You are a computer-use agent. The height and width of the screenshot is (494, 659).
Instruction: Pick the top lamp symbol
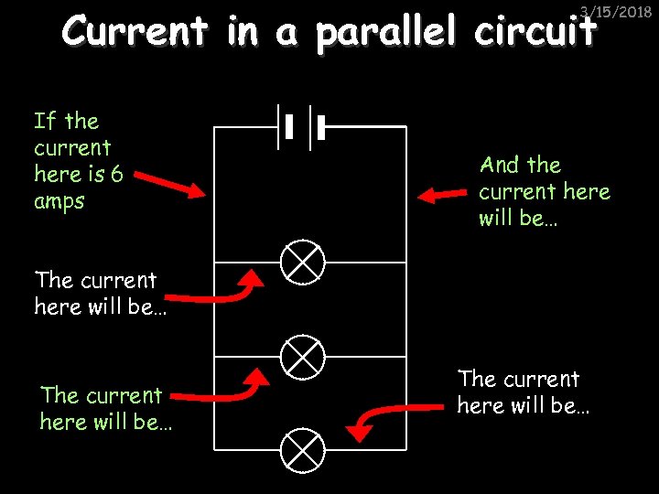(x=302, y=263)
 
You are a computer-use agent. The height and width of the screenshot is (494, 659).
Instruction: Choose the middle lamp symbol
(x=302, y=356)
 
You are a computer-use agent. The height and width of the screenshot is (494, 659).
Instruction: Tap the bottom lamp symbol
(x=302, y=449)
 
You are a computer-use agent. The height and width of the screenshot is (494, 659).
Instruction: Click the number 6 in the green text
(x=116, y=175)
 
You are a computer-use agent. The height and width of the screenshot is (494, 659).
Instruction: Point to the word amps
(x=59, y=201)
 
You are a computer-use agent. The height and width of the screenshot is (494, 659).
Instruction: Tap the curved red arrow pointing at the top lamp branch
(x=220, y=291)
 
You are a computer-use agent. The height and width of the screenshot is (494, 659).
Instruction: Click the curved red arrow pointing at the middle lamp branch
(x=220, y=389)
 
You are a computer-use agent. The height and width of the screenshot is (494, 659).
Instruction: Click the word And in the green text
(x=500, y=166)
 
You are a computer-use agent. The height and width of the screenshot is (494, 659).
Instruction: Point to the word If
(x=46, y=121)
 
